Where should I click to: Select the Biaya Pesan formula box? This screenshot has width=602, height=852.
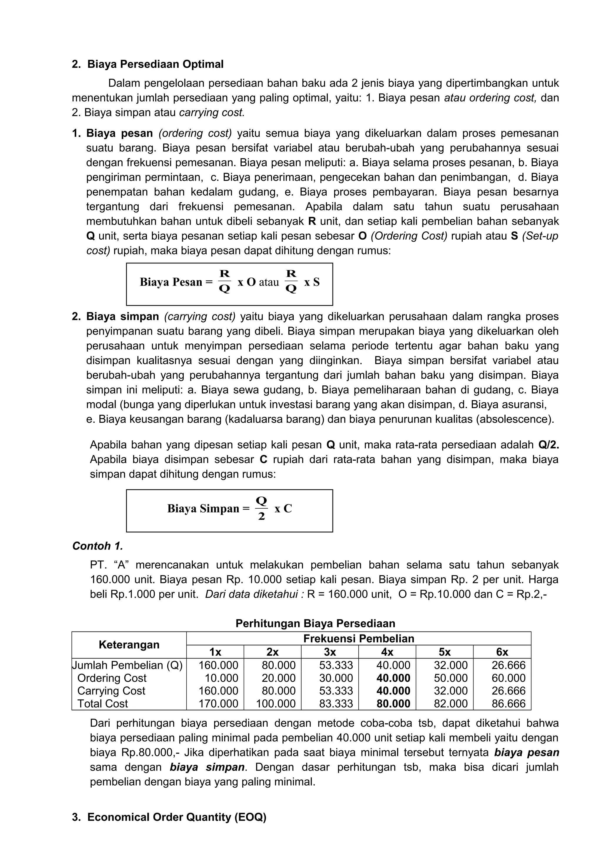coord(229,284)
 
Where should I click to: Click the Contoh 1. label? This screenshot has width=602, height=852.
coord(98,546)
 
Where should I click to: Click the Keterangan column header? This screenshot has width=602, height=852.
coord(129,644)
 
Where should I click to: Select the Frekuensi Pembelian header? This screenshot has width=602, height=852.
coord(358,638)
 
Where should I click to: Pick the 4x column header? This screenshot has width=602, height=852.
coord(387,651)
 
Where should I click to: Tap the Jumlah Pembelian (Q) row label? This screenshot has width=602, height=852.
coord(128,665)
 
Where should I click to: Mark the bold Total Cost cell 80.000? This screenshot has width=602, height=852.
coord(393,704)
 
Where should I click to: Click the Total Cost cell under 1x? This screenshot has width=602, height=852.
coord(218,704)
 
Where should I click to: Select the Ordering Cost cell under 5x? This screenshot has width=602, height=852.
coord(451,678)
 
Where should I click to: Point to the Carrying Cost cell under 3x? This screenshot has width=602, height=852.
coord(336,691)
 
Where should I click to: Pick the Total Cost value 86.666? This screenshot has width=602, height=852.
coord(509,704)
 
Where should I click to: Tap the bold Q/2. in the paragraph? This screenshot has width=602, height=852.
coord(548,445)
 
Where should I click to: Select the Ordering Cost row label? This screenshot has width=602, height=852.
coord(112,678)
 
